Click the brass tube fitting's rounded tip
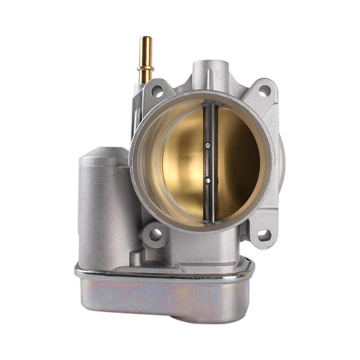pos(146,39)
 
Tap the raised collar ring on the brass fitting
pos(145,68)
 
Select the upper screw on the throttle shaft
pos(207,145)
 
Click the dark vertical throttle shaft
pos(210,162)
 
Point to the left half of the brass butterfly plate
pos(184,162)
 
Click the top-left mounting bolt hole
pos(157,91)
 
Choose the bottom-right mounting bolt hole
pos(264,235)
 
